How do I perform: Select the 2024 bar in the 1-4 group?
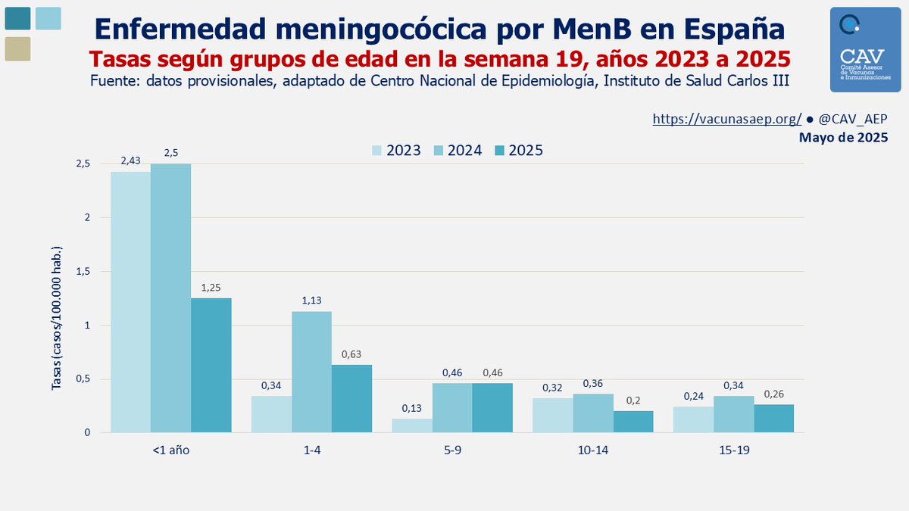pos(311,372)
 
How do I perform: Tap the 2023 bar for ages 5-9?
pos(411,425)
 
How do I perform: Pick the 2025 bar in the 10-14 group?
pos(633,422)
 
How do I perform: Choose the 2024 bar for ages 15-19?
pos(734,414)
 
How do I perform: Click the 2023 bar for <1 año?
pos(130,302)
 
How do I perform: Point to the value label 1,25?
pos(211,288)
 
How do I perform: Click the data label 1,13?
pos(311,301)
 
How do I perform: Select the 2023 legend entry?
pos(395,151)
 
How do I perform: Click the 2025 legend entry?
pos(518,151)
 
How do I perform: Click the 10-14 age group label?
pos(593,450)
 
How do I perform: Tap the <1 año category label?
pos(170,450)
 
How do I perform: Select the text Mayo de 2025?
pos(843,138)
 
